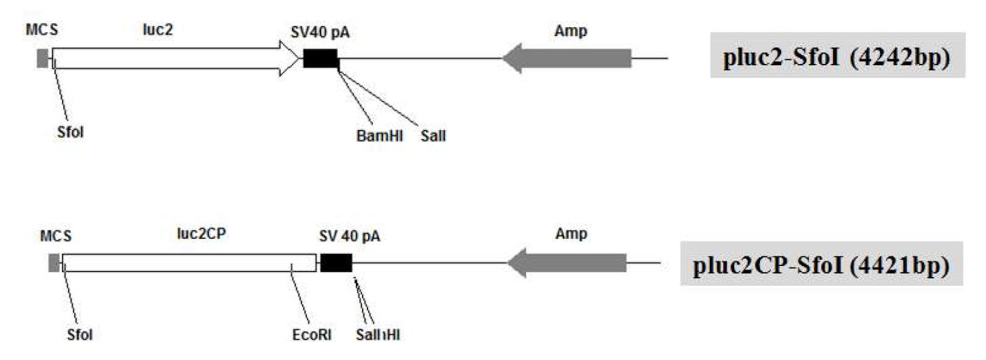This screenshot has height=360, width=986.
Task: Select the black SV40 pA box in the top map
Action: tap(320, 59)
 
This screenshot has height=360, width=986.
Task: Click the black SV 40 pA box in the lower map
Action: tap(335, 263)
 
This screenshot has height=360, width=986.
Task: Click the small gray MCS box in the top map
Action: tap(44, 59)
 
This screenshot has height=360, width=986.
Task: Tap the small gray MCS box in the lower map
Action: tap(54, 263)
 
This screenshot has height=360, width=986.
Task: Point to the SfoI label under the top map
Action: tap(69, 131)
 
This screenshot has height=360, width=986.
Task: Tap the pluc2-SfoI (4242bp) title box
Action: tap(838, 56)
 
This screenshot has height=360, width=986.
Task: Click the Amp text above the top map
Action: tap(571, 31)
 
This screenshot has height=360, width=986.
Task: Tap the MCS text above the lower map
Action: tap(56, 236)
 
